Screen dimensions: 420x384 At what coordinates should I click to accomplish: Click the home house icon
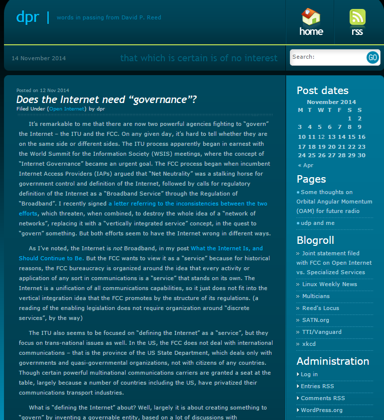[311, 17]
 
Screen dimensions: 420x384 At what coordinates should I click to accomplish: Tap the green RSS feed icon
[357, 17]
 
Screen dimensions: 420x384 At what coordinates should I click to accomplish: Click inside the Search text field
[327, 57]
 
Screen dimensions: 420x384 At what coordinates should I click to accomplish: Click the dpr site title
[27, 17]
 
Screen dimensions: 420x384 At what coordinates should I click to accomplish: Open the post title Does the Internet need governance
[107, 100]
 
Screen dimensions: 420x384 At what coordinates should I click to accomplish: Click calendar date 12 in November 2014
[322, 137]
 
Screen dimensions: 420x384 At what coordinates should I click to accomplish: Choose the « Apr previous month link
[306, 165]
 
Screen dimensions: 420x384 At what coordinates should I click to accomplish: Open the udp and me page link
[318, 223]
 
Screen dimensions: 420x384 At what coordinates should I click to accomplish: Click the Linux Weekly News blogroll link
[329, 284]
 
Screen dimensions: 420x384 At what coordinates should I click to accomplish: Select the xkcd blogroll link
[309, 344]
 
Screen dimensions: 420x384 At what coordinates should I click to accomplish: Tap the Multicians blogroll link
[316, 296]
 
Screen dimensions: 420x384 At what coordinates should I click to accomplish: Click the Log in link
[309, 374]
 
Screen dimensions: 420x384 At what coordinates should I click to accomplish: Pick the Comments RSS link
[323, 398]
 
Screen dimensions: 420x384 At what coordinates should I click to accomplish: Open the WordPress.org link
[322, 410]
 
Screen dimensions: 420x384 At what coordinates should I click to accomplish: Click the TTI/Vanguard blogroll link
[322, 332]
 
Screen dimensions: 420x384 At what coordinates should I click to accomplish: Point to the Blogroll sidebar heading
[315, 240]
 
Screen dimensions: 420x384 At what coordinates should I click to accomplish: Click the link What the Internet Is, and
[227, 248]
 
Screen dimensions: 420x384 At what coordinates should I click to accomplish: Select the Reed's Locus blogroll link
[320, 308]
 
